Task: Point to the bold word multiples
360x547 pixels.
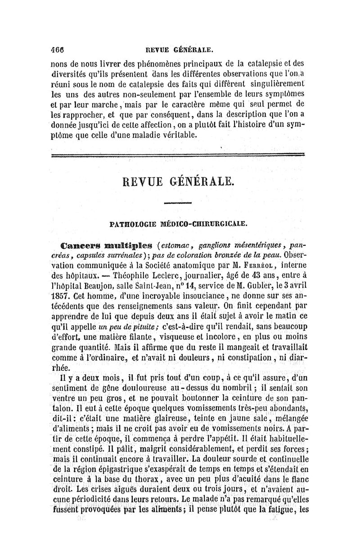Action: coord(126,246)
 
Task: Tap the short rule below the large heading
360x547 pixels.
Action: coord(178,203)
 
